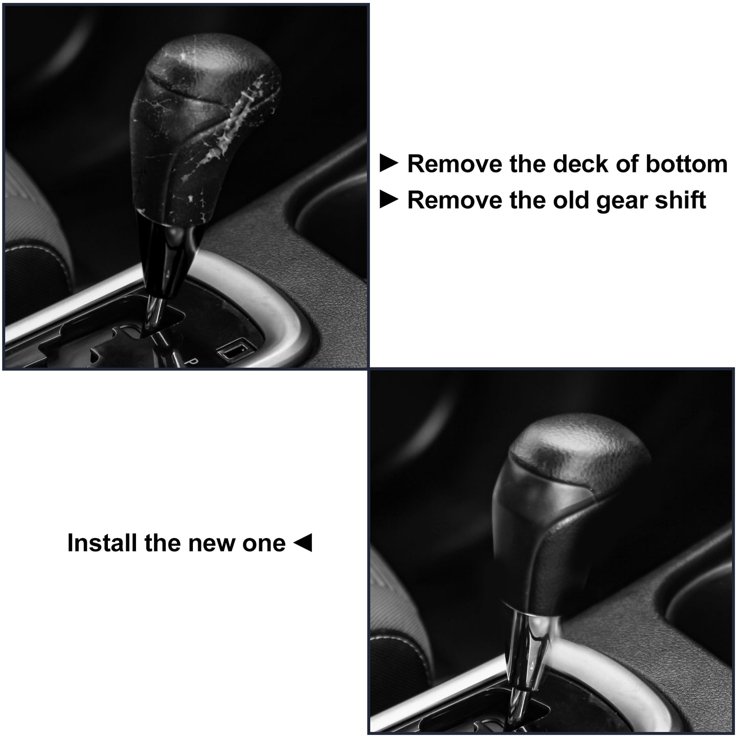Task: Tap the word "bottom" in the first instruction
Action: [x=686, y=164]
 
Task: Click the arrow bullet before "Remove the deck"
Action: [x=389, y=163]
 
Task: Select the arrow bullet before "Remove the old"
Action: [x=389, y=199]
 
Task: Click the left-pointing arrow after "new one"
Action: [x=303, y=543]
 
